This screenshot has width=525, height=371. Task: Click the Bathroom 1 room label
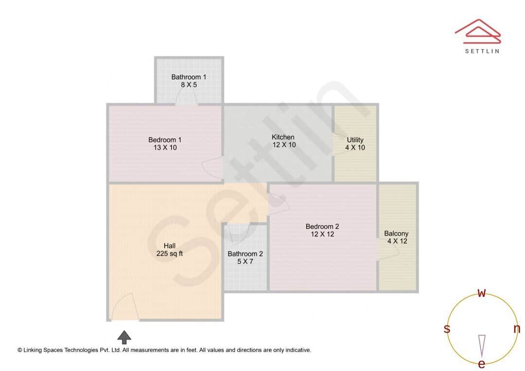(x=189, y=77)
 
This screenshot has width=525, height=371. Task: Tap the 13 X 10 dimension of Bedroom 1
(x=165, y=148)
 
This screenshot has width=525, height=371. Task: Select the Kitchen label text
(x=283, y=137)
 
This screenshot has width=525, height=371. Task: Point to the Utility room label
(x=355, y=140)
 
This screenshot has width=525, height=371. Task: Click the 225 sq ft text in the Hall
(x=170, y=253)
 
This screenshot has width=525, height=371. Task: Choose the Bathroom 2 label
(x=245, y=254)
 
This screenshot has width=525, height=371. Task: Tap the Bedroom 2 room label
(x=322, y=226)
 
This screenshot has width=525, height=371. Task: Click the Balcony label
(x=396, y=234)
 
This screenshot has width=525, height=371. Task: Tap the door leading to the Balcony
(x=387, y=248)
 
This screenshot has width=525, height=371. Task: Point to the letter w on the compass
(x=482, y=293)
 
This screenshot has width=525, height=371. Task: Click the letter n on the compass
(x=517, y=329)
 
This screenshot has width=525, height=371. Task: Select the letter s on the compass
(x=447, y=329)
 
